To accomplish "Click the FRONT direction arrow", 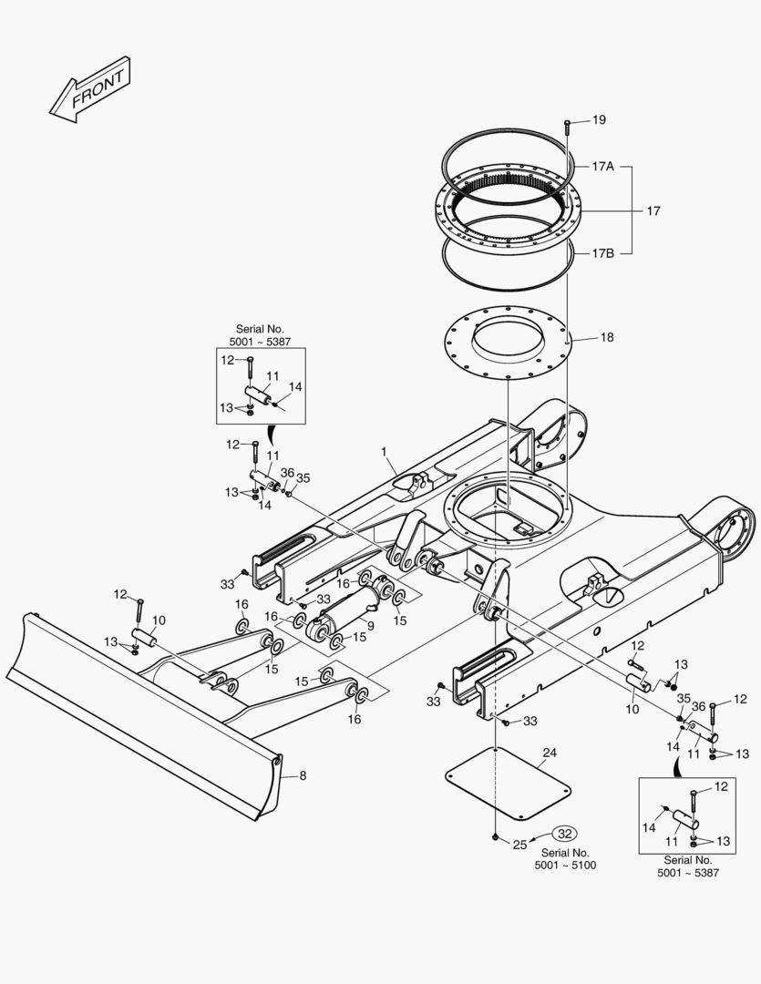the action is pyautogui.click(x=90, y=90).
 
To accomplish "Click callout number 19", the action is pyautogui.click(x=599, y=120).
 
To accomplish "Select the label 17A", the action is pyautogui.click(x=602, y=167).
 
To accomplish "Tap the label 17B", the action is pyautogui.click(x=602, y=253).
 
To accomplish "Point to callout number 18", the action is pyautogui.click(x=607, y=338).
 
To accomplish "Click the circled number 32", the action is pyautogui.click(x=565, y=834).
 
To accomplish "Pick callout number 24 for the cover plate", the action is pyautogui.click(x=550, y=753).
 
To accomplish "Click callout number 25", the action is pyautogui.click(x=519, y=845).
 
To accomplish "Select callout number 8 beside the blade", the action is pyautogui.click(x=303, y=775).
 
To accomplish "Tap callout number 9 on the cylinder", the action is pyautogui.click(x=370, y=626).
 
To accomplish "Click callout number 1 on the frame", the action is pyautogui.click(x=384, y=452).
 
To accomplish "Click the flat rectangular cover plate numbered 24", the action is pyautogui.click(x=508, y=783).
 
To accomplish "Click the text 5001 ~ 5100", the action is pyautogui.click(x=565, y=866).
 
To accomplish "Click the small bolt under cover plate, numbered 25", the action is pyautogui.click(x=496, y=837).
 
